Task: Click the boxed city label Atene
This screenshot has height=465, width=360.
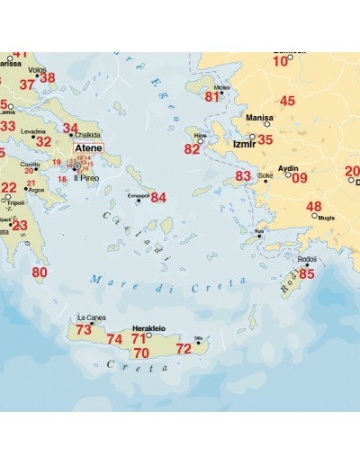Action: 88,148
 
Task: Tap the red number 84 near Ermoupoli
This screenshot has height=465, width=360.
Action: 158,197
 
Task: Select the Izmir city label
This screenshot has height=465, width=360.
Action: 242,142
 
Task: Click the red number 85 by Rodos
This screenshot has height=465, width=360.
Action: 306,273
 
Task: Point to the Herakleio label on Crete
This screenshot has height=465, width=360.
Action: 149,329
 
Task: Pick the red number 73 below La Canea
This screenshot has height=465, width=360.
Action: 84,330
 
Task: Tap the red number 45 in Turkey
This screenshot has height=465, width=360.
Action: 287,102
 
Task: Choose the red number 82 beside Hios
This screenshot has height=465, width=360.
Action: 192,149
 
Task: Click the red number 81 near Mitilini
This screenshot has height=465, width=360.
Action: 212,96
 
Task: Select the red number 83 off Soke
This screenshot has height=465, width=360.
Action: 243,176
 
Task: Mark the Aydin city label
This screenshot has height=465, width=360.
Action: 289,168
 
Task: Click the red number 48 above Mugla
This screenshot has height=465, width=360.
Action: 313,207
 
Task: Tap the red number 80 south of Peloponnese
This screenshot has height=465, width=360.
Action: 40,272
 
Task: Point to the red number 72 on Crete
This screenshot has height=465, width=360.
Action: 184,348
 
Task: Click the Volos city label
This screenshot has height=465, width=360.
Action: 38,68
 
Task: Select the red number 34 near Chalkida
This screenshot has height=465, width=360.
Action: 70,128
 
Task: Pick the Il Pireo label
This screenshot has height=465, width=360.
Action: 86,178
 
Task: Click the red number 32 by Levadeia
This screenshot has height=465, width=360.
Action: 43,141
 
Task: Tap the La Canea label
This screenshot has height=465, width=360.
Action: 91,317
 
